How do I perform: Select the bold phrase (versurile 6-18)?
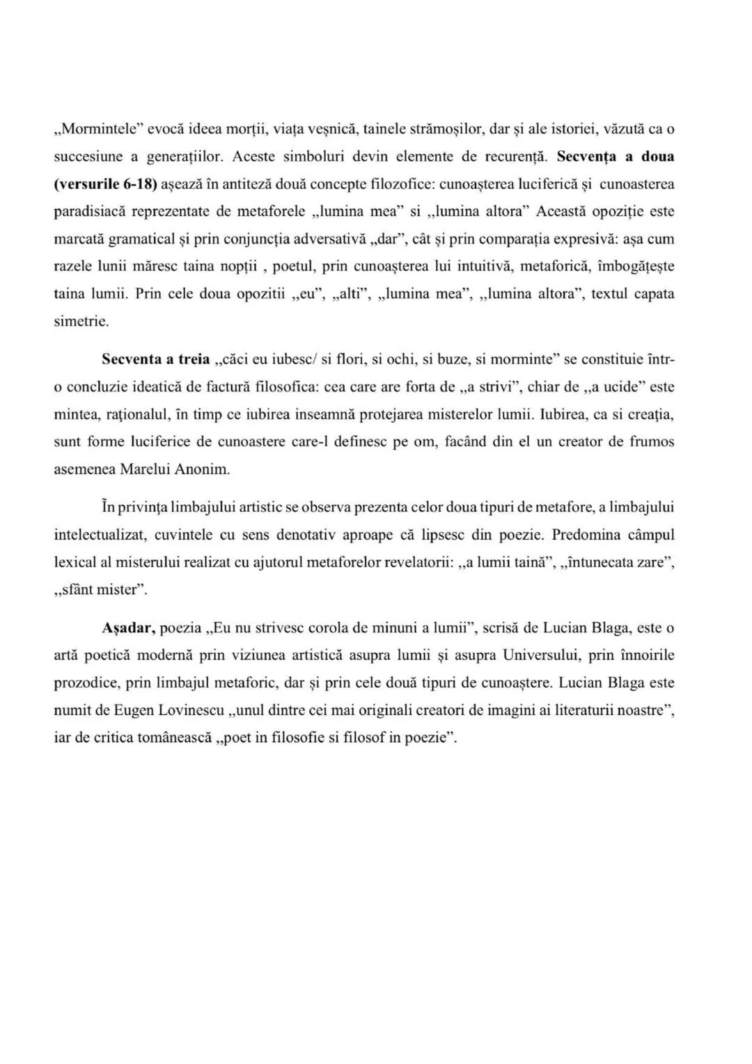pos(107,184)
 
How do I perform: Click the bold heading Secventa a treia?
pos(155,359)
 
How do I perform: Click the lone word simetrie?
pos(81,321)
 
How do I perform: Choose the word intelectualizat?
pos(99,535)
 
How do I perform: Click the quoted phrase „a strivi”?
pos(489,386)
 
